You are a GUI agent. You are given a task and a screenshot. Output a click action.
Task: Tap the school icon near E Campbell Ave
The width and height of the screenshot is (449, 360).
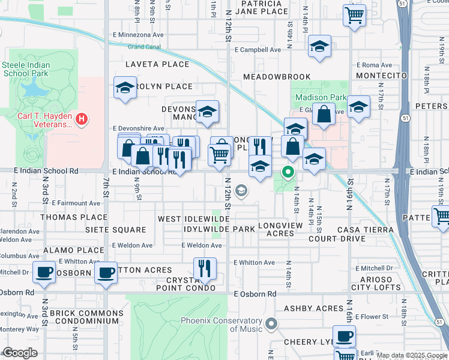click(319, 47)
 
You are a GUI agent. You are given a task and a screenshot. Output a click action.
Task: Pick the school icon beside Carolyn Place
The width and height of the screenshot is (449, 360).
click(125, 88)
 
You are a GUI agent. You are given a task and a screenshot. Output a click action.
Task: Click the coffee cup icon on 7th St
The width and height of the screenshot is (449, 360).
click(106, 273)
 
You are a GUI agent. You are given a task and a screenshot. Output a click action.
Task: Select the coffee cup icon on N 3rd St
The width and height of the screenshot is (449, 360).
click(44, 273)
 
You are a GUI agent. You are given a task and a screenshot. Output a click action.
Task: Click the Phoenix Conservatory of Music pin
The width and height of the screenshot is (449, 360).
click(271, 325)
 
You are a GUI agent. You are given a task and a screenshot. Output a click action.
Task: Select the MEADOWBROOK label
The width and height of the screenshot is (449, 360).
click(277, 77)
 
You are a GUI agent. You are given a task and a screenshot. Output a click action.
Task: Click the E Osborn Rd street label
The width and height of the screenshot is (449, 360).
click(255, 294)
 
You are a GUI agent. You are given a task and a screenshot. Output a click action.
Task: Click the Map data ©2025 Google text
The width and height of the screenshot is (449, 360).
click(411, 355)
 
